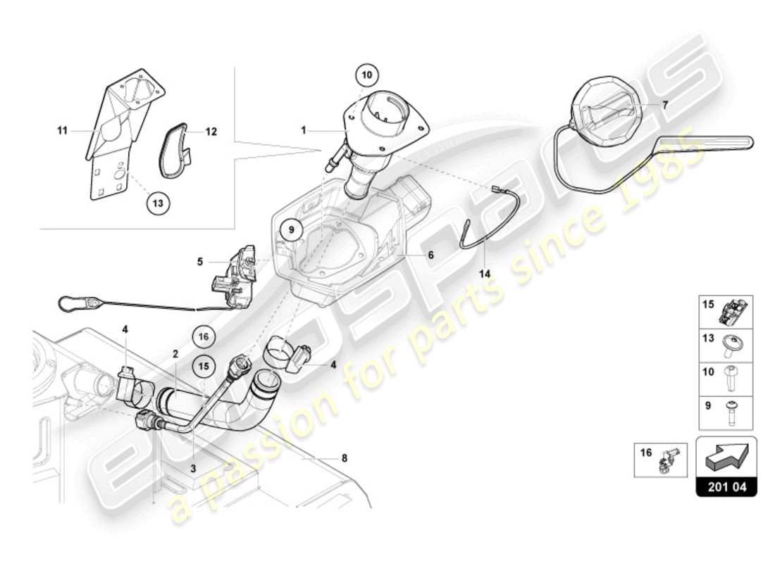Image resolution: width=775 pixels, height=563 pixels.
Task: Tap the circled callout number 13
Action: [159, 203]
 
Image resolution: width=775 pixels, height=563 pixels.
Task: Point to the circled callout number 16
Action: [204, 337]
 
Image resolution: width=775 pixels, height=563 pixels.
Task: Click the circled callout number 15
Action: [204, 366]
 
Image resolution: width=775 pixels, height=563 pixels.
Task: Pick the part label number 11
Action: [63, 130]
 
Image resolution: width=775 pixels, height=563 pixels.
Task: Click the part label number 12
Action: [211, 132]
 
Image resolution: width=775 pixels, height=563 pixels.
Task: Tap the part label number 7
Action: [665, 103]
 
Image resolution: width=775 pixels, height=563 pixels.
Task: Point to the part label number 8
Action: [344, 458]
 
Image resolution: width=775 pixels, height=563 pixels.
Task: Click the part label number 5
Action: [200, 262]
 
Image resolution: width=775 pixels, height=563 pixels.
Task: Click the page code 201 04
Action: [726, 486]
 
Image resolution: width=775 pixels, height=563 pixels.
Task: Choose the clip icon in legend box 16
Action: [666, 458]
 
